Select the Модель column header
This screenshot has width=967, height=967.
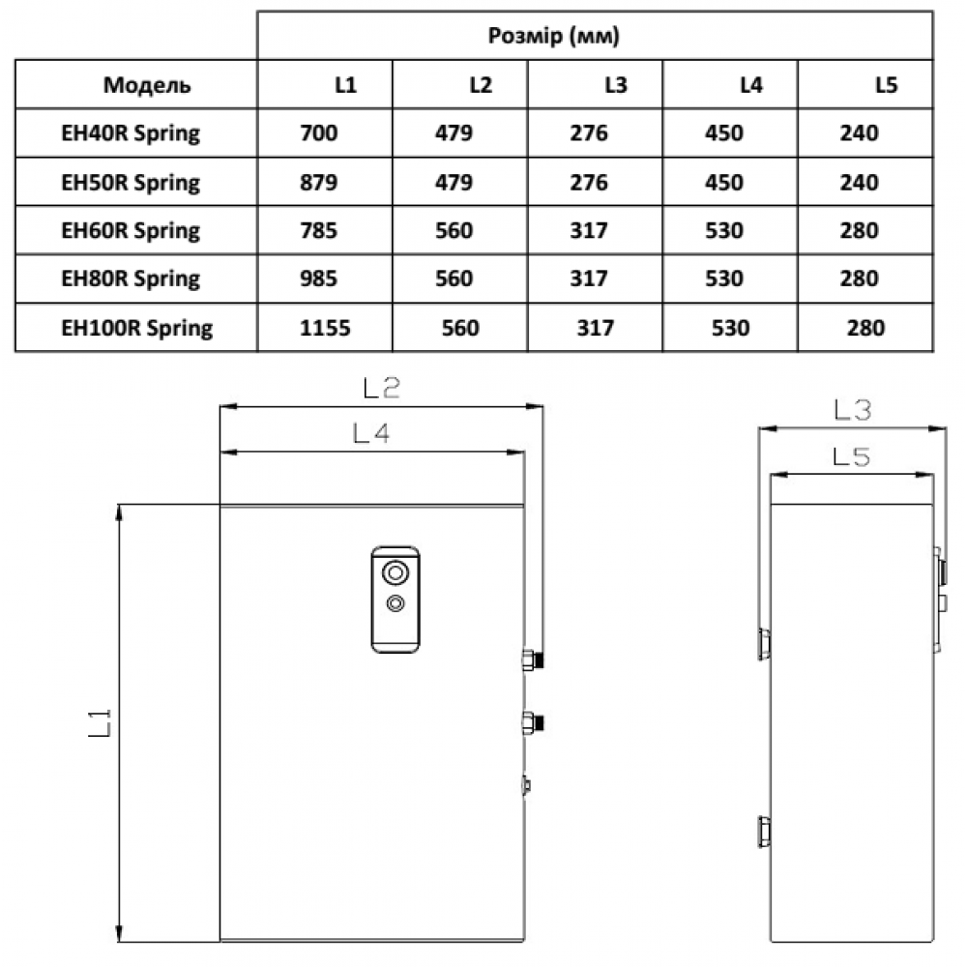click(x=147, y=85)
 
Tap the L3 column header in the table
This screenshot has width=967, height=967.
click(x=615, y=85)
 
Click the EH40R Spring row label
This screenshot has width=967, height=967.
click(x=130, y=133)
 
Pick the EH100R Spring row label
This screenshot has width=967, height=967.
click(x=136, y=328)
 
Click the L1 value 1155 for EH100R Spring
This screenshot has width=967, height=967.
click(x=325, y=328)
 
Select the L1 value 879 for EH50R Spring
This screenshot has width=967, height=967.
click(x=319, y=182)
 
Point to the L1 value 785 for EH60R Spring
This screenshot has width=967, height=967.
click(x=319, y=230)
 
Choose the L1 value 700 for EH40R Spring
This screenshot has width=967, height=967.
click(x=319, y=133)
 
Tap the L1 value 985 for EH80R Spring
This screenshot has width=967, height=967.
click(x=319, y=278)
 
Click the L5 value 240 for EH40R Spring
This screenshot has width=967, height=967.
click(x=860, y=133)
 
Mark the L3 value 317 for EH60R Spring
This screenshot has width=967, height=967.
click(x=589, y=230)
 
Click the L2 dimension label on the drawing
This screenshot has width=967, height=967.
click(x=381, y=389)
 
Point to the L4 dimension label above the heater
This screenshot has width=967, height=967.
click(x=370, y=435)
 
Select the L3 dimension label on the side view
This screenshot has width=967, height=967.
click(x=853, y=411)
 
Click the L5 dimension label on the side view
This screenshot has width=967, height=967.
click(x=851, y=457)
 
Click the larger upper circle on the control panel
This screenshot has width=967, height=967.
click(x=395, y=572)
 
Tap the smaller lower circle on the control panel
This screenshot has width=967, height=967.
click(x=395, y=603)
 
